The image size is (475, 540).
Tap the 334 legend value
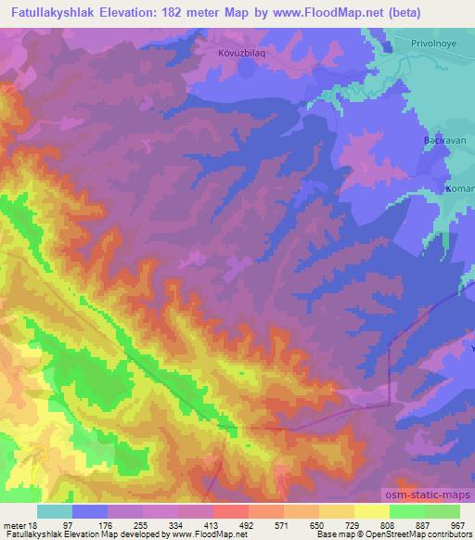199,524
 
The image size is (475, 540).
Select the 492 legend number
272,524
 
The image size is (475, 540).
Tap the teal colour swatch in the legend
55,511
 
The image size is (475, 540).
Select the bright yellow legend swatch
371,511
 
